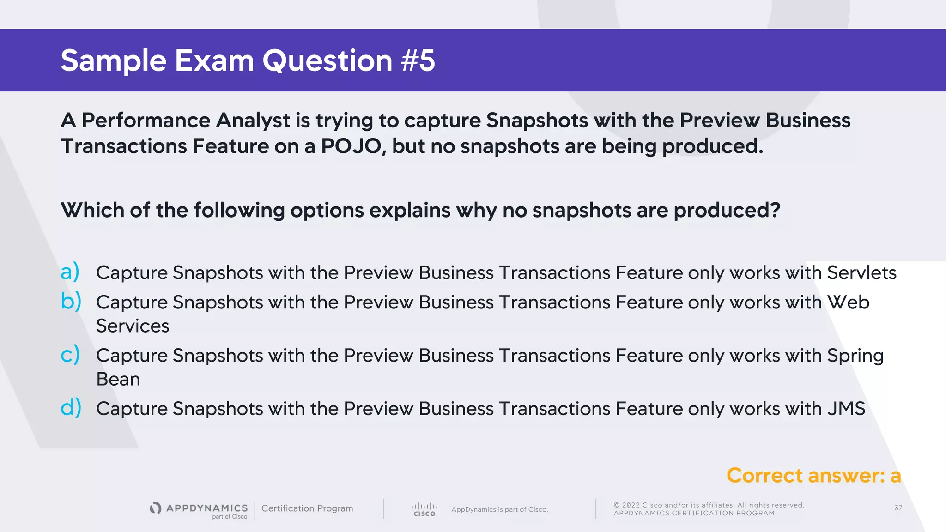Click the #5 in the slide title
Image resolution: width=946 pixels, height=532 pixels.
pyautogui.click(x=418, y=60)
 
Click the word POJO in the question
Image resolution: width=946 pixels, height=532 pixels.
pyautogui.click(x=351, y=146)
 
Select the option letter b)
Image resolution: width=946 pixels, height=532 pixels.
pyautogui.click(x=71, y=302)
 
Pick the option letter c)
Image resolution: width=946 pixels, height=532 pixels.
pyautogui.click(x=70, y=355)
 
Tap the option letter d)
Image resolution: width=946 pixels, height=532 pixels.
pyautogui.click(x=71, y=408)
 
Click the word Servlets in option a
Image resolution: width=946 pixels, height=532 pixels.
pyautogui.click(x=861, y=272)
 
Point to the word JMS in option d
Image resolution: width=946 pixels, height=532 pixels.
pyautogui.click(x=846, y=409)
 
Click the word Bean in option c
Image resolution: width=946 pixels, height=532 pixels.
pyautogui.click(x=118, y=379)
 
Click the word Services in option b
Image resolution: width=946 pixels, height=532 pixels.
pyautogui.click(x=133, y=326)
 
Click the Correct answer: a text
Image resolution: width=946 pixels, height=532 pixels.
pyautogui.click(x=813, y=475)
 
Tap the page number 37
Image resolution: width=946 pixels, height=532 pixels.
pyautogui.click(x=898, y=508)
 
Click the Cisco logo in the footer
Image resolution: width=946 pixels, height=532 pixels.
pyautogui.click(x=424, y=509)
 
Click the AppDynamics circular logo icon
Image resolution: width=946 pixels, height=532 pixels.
pyautogui.click(x=156, y=508)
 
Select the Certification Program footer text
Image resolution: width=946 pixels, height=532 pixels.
pyautogui.click(x=307, y=508)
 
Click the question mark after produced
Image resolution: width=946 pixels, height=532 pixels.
pyautogui.click(x=775, y=210)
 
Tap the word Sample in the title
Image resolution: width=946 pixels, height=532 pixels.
pyautogui.click(x=113, y=60)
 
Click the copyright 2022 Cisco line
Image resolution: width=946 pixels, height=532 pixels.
pyautogui.click(x=709, y=505)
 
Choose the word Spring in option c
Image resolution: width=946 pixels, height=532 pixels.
pyautogui.click(x=855, y=356)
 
